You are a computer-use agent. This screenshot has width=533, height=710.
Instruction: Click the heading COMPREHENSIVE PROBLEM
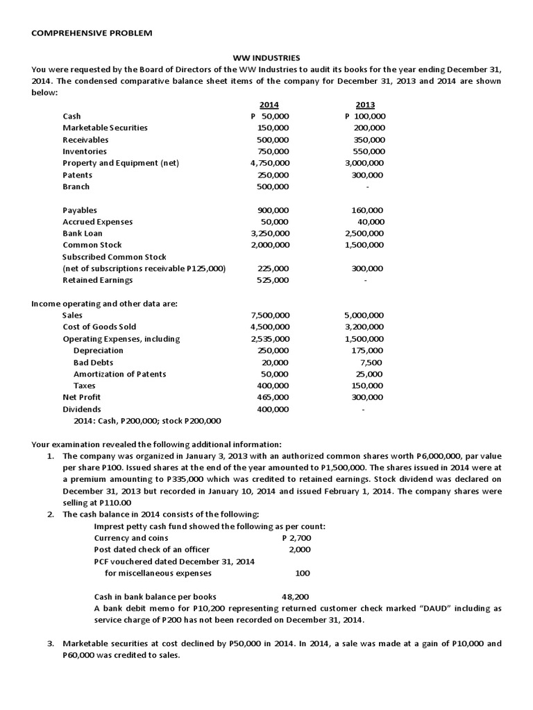coord(92,33)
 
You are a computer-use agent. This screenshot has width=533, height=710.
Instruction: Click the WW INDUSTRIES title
coord(266,59)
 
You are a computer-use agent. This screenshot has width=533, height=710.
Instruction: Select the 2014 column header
coord(269,105)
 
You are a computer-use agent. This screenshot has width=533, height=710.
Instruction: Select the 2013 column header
coord(365,105)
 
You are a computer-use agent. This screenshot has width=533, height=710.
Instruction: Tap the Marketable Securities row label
coord(105,128)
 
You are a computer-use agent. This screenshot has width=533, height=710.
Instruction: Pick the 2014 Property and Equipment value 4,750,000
coord(270,163)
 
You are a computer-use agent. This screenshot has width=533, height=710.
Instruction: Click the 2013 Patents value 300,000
coord(368,175)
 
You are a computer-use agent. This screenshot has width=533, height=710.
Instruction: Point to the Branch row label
coord(76,187)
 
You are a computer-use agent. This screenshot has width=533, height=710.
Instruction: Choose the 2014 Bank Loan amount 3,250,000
coord(270,233)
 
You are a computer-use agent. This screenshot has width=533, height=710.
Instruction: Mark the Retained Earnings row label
coord(97,280)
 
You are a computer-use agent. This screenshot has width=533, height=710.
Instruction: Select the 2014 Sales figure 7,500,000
coord(270,315)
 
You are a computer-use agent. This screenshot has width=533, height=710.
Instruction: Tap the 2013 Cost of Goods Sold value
coord(365,327)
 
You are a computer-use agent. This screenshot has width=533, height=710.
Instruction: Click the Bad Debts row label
coord(93,362)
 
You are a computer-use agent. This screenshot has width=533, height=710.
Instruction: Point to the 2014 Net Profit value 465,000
coord(273,397)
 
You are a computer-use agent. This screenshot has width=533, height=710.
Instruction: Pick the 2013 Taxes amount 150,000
coord(368,386)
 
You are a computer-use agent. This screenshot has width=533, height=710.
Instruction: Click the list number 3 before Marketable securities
coord(51,643)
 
